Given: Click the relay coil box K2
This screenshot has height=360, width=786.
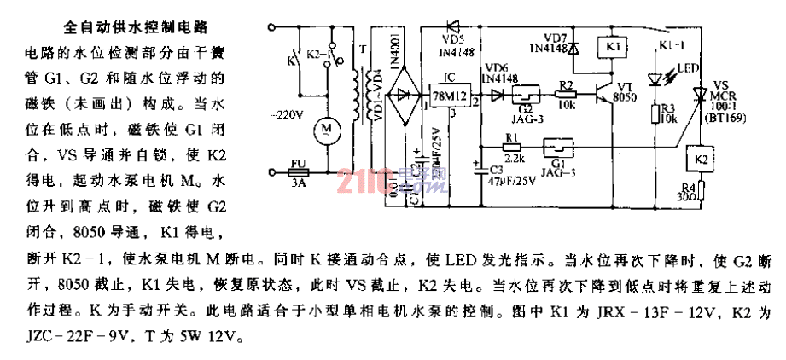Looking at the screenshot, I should pos(700,158).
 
